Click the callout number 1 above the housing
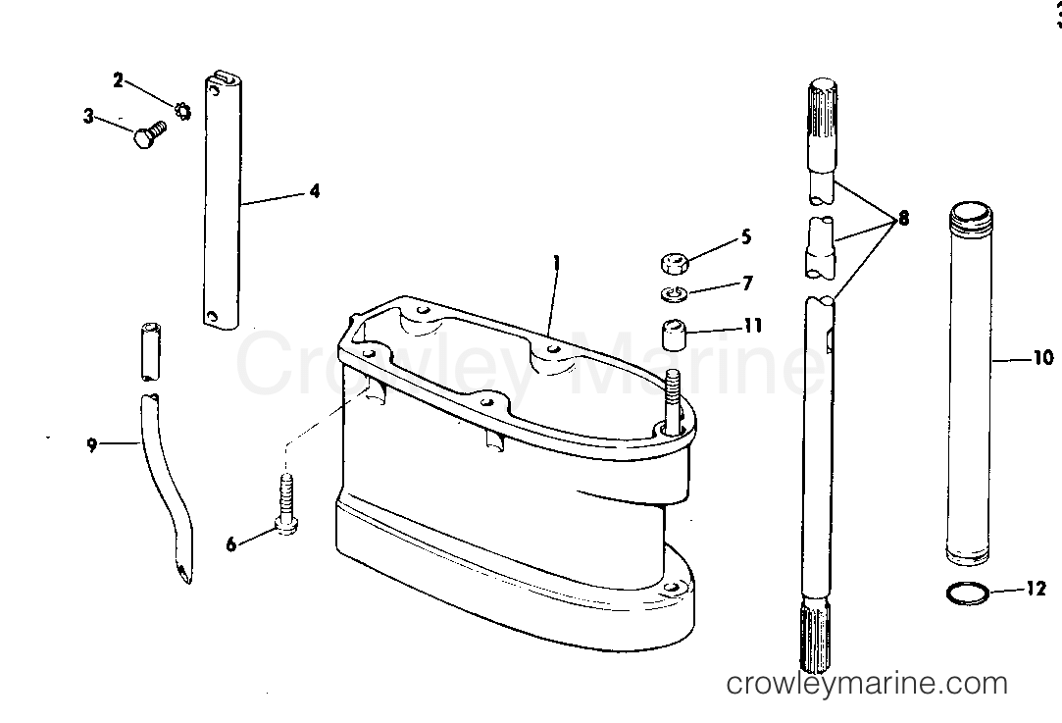click(x=557, y=262)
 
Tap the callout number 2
click(x=119, y=80)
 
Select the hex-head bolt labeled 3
click(x=149, y=133)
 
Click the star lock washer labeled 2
click(x=182, y=111)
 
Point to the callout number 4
click(x=315, y=191)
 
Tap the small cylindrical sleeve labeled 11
click(x=675, y=336)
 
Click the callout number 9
click(x=92, y=445)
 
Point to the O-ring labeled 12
click(x=967, y=594)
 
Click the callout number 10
click(x=1042, y=357)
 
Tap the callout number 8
click(x=903, y=219)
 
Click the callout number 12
click(x=1037, y=589)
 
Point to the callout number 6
click(x=231, y=544)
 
